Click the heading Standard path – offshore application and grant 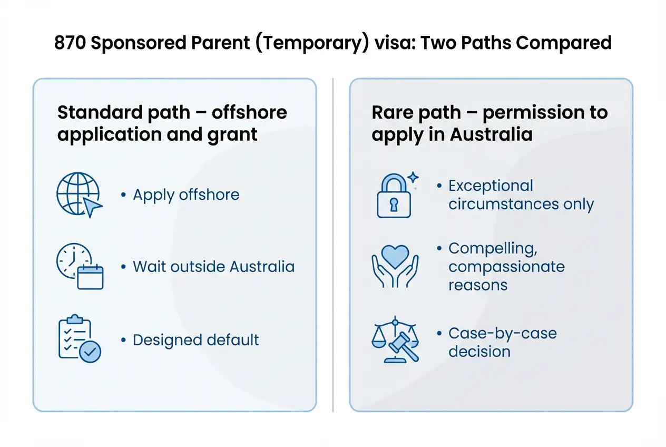click(172, 123)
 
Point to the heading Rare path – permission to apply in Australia click(489, 123)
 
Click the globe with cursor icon click(79, 195)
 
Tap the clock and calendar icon click(80, 267)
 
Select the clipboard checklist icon click(79, 339)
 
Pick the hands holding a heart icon click(395, 267)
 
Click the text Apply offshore click(186, 195)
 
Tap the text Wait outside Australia click(213, 266)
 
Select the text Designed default click(195, 340)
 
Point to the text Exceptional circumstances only click(521, 195)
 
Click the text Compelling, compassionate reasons click(506, 267)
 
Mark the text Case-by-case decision click(502, 342)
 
